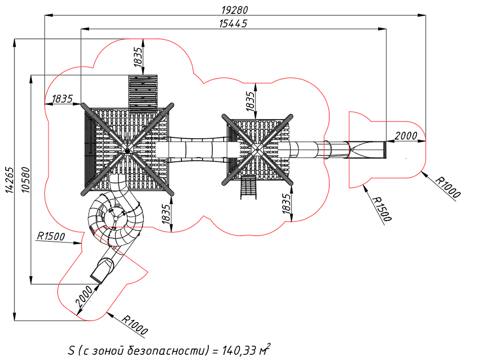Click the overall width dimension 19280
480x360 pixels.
pos(235,10)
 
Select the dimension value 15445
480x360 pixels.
pos(233,24)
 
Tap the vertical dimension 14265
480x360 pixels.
pos(10,180)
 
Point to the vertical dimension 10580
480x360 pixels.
pos(26,180)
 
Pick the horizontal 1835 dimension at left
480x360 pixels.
pos(62,99)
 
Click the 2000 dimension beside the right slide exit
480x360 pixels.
pos(406,136)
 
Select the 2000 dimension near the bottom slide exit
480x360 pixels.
pos(84,296)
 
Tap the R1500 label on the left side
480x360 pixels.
pos(51,236)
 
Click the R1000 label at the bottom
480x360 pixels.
pos(135,324)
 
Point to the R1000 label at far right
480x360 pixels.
pos(448,187)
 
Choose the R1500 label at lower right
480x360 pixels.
pos(382,209)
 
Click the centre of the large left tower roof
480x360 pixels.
pos(127,150)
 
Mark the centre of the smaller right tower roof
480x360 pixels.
pos(257,150)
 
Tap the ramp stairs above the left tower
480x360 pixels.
pos(143,92)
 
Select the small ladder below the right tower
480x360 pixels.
pos(248,187)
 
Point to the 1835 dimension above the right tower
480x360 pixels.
pos(251,101)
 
